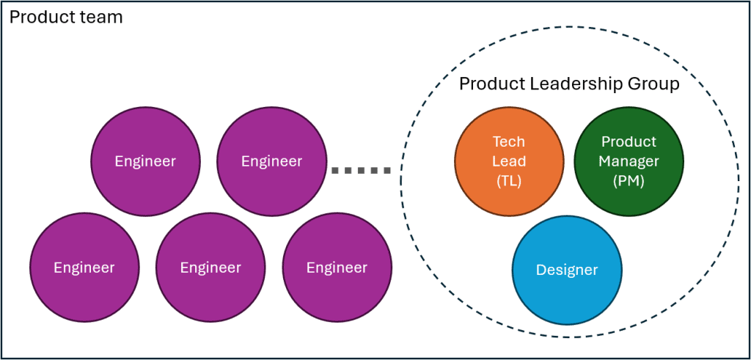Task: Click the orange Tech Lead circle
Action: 509,161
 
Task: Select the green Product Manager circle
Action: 629,161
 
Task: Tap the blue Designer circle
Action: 567,270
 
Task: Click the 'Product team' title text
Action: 65,16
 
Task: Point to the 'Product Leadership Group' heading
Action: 569,84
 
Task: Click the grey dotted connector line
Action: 361,171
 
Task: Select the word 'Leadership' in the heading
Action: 570,84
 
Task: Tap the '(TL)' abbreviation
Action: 509,181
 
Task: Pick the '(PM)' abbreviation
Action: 629,180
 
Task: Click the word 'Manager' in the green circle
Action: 629,161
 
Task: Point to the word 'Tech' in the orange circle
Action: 509,142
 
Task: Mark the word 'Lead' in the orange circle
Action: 509,161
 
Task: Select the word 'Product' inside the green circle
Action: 629,142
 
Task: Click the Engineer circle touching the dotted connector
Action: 271,161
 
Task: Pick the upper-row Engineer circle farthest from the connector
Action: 145,161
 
